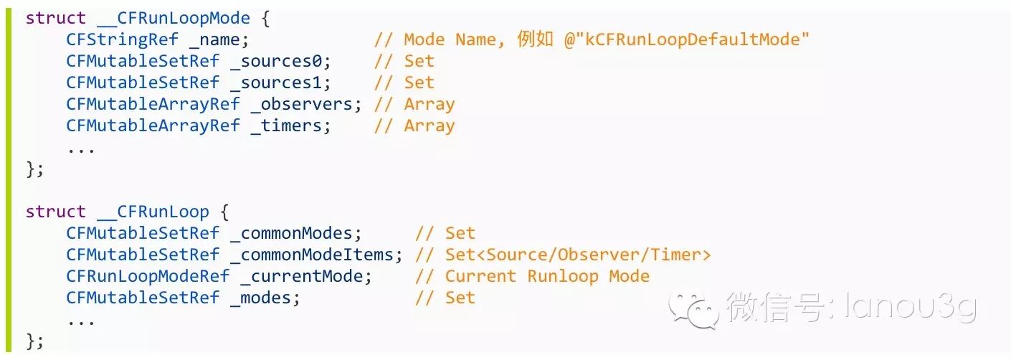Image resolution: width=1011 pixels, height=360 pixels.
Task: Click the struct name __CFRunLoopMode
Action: coord(174,18)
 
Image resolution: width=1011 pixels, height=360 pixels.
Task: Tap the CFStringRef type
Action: coord(122,40)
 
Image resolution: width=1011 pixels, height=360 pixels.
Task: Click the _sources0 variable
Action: coord(280,62)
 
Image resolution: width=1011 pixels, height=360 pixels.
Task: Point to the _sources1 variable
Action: coord(280,83)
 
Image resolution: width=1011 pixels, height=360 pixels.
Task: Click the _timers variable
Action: coord(291,126)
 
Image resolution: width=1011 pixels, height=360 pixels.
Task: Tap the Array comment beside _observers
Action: coord(429,105)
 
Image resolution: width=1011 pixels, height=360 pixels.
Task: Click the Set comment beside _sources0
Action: coord(419,62)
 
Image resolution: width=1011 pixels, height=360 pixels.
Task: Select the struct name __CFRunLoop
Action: coord(153,212)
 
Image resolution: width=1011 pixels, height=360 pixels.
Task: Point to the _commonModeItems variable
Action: coord(316,255)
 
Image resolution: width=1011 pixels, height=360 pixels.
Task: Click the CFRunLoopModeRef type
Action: coord(148,277)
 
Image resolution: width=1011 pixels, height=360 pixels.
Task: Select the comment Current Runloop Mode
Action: coord(547,277)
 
